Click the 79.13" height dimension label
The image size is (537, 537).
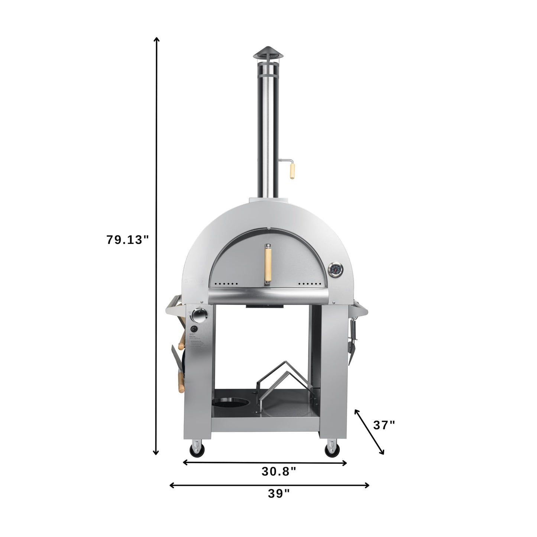coord(127,240)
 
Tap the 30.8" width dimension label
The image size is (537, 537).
coord(279,472)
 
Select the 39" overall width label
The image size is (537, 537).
coord(279,494)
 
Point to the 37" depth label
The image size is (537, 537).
coord(384,425)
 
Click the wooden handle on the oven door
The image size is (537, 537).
coord(267,265)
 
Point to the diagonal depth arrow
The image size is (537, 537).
coord(369,431)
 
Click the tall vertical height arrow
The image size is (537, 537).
coord(156,245)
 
